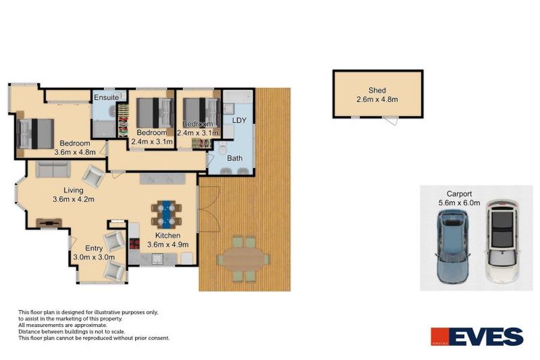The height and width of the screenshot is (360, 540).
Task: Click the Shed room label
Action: tap(377, 90)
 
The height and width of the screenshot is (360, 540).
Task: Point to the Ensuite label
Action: tap(106, 96)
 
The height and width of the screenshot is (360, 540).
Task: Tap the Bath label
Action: tap(234, 158)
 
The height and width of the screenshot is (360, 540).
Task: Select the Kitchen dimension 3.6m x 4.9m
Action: tap(168, 245)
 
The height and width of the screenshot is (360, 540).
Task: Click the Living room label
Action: tap(73, 190)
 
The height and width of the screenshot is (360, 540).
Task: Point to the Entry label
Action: tap(94, 248)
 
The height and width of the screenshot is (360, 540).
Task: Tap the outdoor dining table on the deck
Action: tap(242, 259)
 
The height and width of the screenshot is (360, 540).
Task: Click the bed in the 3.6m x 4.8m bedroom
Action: tap(35, 133)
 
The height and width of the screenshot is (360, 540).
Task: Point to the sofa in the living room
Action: tap(53, 169)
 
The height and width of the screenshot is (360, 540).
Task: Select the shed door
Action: tap(392, 122)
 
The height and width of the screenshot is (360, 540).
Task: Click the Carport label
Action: tap(458, 193)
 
